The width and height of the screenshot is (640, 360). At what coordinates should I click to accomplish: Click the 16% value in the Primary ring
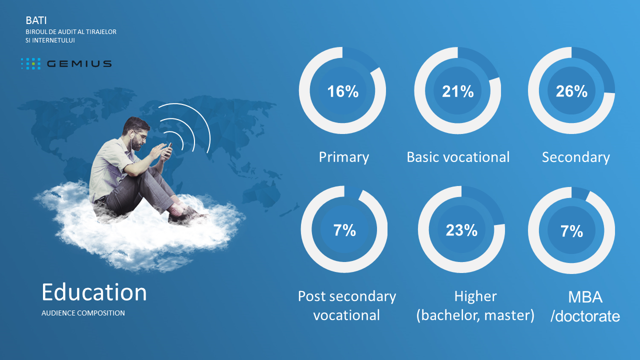tap(343, 91)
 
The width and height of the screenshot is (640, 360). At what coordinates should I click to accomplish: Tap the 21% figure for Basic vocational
tap(457, 91)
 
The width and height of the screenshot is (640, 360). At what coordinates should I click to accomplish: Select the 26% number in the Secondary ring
tap(571, 91)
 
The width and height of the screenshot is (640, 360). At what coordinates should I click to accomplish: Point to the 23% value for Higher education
tap(461, 230)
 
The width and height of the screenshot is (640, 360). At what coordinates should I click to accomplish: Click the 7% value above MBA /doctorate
tap(571, 231)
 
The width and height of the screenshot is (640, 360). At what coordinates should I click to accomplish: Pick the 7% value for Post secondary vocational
tap(344, 230)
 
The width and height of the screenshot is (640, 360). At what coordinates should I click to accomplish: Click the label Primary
tap(343, 157)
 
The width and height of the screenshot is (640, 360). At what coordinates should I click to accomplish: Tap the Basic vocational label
tap(458, 157)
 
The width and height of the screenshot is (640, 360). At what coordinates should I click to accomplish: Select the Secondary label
tap(575, 157)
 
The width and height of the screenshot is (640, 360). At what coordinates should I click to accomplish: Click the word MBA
tap(585, 297)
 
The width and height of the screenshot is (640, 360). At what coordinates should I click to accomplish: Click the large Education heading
tap(94, 292)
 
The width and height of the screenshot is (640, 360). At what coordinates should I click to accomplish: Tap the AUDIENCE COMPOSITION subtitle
tap(83, 313)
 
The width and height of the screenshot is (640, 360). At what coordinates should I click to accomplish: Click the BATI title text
tap(36, 20)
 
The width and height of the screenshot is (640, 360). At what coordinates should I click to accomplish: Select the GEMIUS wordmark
tap(79, 63)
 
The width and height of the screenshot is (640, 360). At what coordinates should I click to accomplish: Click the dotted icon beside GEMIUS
tap(31, 63)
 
